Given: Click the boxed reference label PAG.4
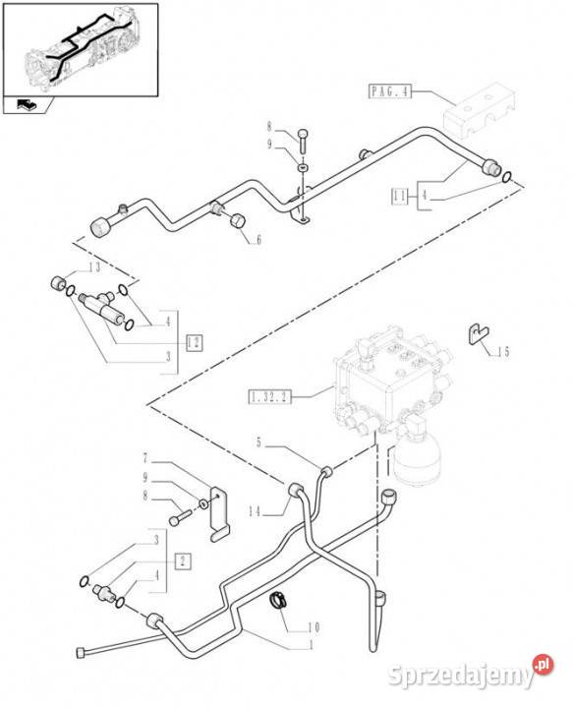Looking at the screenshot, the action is click(390, 91).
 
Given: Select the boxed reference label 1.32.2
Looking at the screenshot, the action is click(269, 397).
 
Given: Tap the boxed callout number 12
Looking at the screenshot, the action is click(194, 343).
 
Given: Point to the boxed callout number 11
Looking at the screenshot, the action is click(399, 197).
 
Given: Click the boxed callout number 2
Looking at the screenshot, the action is click(183, 561).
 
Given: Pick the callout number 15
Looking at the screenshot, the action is click(504, 351).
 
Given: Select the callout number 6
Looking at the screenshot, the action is click(258, 239).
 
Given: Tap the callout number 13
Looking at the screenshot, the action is click(94, 266).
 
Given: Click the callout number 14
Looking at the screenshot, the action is click(255, 511).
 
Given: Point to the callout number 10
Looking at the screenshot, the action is click(315, 626).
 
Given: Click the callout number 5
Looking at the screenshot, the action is click(258, 442).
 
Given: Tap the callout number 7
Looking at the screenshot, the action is click(145, 458).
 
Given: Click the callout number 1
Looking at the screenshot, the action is click(311, 645).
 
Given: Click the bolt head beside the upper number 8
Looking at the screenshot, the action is click(304, 134).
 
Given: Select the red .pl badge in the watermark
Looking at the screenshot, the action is click(544, 665).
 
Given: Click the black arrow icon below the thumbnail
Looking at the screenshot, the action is click(27, 105).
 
